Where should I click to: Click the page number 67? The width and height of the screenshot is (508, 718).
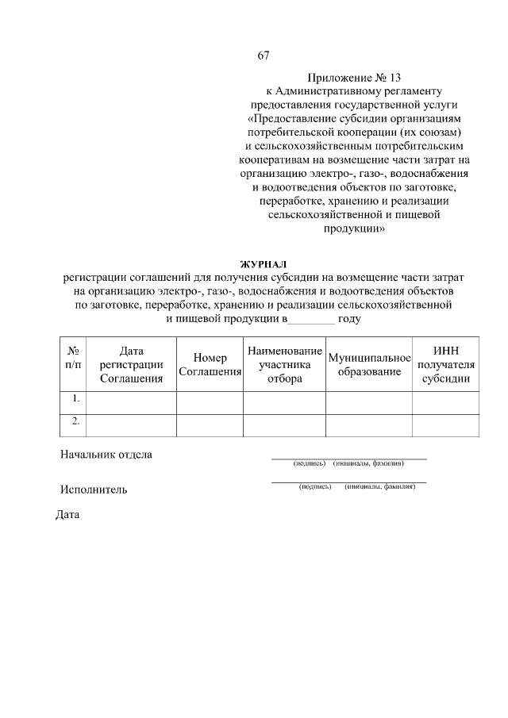coord(264,56)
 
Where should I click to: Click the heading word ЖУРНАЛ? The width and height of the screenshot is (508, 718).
coord(263,263)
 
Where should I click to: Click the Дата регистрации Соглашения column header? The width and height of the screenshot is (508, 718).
coord(131,364)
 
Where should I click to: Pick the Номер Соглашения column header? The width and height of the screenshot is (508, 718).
coord(210,364)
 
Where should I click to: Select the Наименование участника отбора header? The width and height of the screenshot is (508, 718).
coord(284,364)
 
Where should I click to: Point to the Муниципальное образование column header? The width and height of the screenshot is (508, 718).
coord(369,364)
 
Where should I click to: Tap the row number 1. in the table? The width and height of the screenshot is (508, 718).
coord(74,398)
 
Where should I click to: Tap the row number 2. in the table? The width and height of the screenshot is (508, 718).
coord(74,421)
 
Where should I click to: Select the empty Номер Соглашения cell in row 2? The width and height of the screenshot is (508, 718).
coord(210,425)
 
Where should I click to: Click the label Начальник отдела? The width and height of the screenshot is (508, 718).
coord(106,455)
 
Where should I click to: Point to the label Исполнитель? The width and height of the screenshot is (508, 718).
coord(94,490)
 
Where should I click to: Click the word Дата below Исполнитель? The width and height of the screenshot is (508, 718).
coord(68,514)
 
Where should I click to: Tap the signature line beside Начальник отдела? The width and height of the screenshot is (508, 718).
coord(349,458)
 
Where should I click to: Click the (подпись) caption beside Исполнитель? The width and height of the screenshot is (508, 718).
coord(315,486)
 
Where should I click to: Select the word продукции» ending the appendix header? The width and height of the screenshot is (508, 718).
coord(354,228)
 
